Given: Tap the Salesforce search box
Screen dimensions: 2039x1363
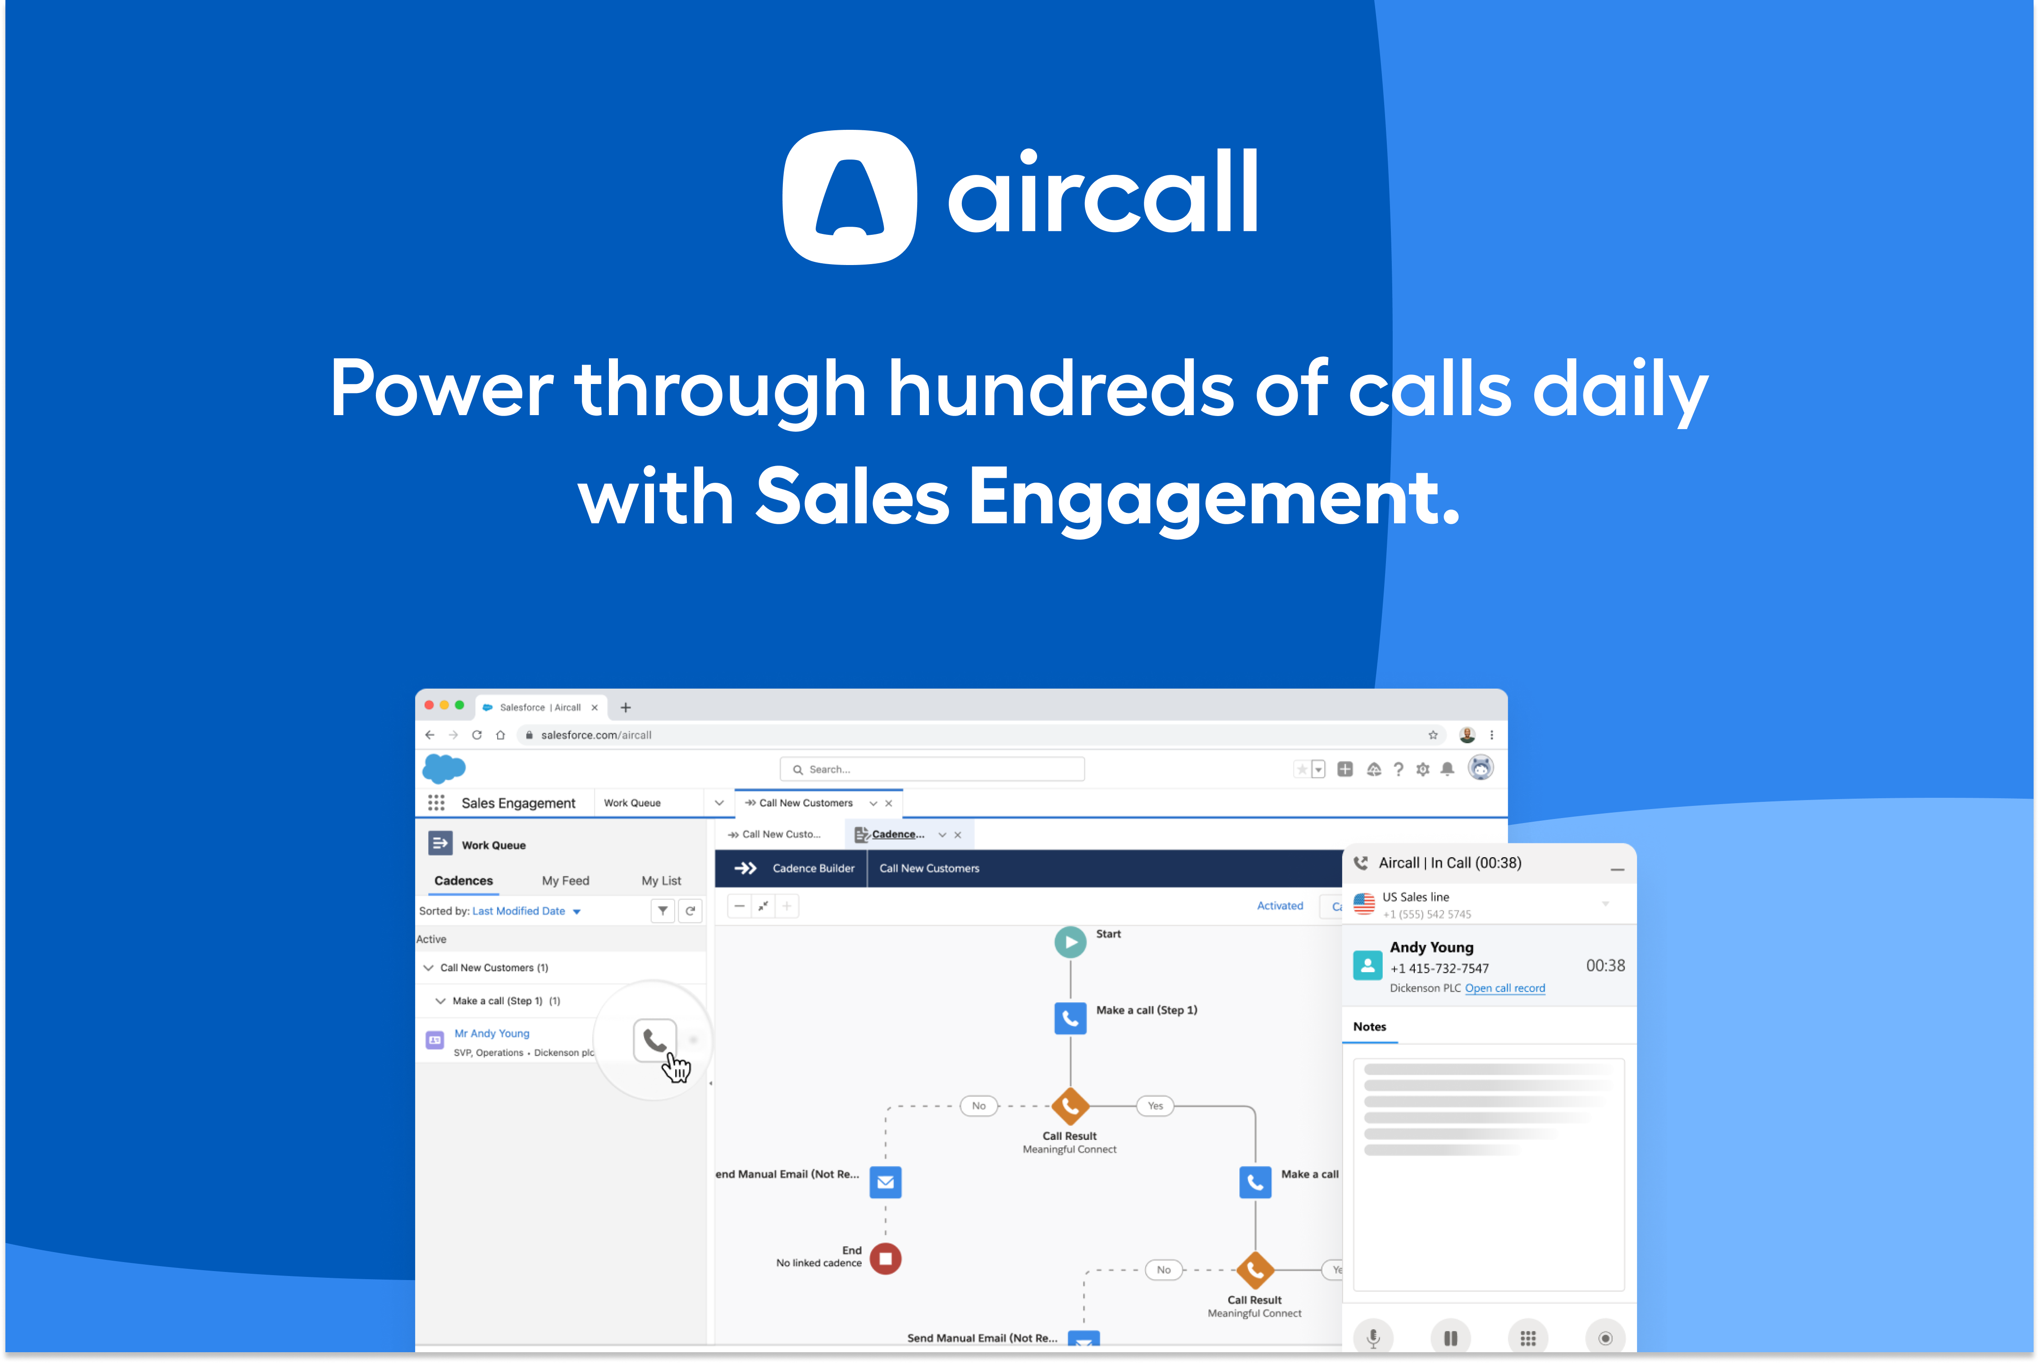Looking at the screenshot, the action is tap(932, 769).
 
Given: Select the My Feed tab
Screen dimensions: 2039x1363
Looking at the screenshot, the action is tap(565, 881).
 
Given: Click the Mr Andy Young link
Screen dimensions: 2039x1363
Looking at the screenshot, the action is tap(492, 1034).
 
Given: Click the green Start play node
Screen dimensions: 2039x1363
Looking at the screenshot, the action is tap(1070, 942).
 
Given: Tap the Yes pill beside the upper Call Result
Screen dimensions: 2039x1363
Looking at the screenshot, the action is tap(1155, 1106).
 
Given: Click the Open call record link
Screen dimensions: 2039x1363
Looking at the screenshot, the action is tap(1504, 988).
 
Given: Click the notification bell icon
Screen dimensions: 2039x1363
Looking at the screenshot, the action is tap(1447, 769).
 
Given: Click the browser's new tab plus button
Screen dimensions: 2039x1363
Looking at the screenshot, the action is tap(626, 708).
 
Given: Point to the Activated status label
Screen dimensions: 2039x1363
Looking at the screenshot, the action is tap(1280, 906).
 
